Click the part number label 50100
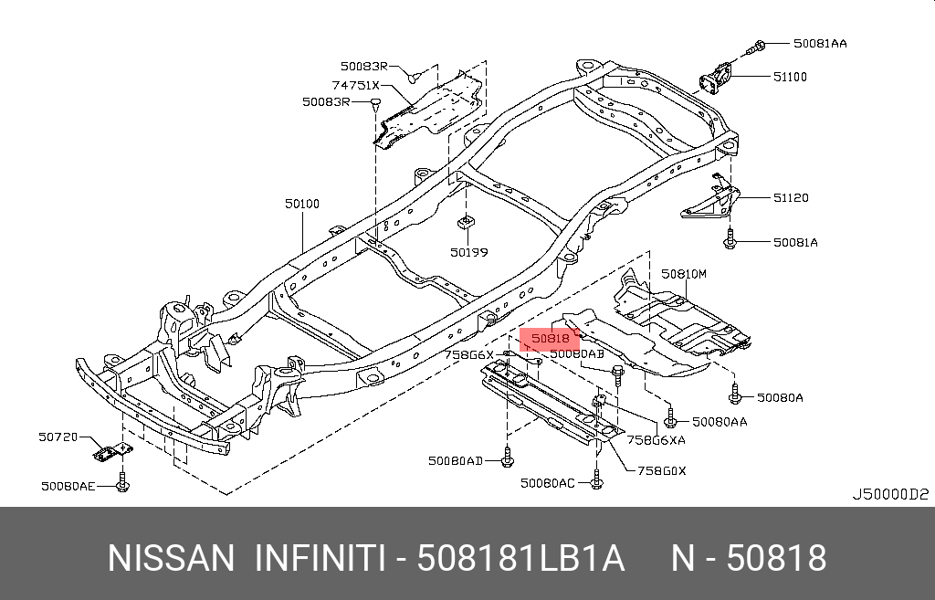(x=301, y=205)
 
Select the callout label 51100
(x=790, y=78)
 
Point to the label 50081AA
(x=819, y=43)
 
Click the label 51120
(x=791, y=197)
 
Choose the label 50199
(x=467, y=249)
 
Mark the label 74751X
(x=355, y=85)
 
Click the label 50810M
(x=684, y=273)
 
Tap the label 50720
(x=57, y=438)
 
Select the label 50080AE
(x=68, y=487)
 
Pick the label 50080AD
(x=456, y=461)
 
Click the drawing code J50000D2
(x=890, y=494)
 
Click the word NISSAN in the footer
(x=171, y=558)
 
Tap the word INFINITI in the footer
(x=319, y=558)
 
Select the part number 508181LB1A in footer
(x=520, y=558)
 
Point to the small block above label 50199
(x=466, y=221)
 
